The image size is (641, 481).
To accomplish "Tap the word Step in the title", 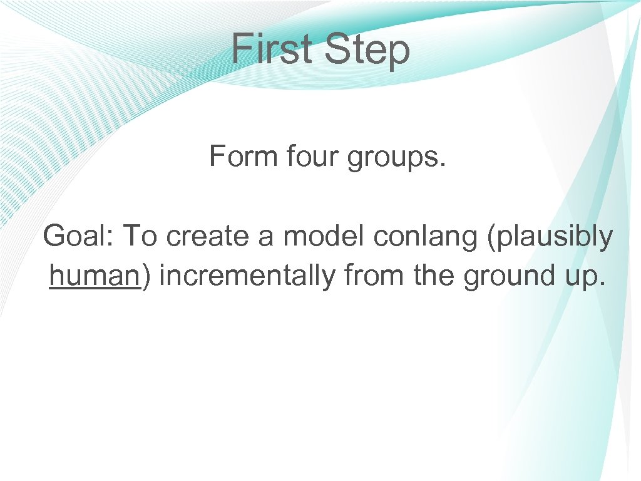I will coord(367,51).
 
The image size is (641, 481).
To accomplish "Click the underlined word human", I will coord(94,276).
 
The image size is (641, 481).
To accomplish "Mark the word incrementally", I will coord(247,276).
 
